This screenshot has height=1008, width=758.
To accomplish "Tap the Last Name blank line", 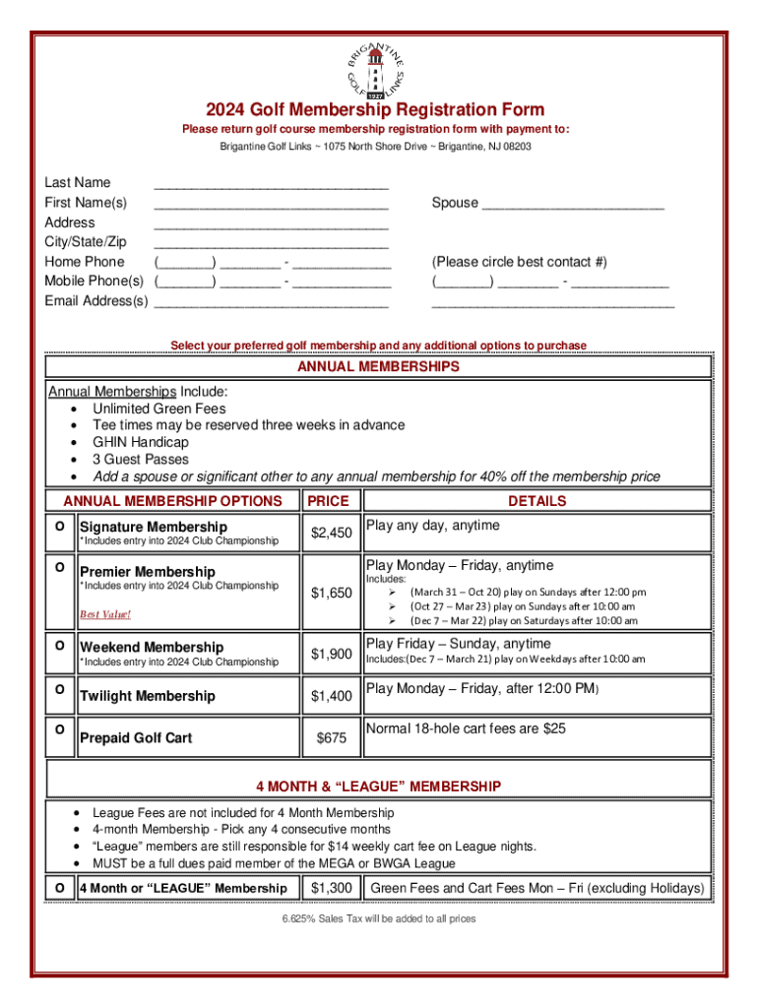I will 271,184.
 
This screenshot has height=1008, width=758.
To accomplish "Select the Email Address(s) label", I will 95,301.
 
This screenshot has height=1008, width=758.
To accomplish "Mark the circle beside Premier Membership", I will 60,568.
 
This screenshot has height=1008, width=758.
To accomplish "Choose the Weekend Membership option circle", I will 60,645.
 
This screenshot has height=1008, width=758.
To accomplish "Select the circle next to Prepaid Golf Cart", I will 60,729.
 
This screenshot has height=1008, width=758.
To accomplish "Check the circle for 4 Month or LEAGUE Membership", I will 60,888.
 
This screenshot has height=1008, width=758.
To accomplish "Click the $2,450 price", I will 331,534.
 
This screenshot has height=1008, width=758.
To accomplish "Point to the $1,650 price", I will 331,593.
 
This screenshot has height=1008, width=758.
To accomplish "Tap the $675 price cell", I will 331,738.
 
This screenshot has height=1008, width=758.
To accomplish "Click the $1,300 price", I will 331,889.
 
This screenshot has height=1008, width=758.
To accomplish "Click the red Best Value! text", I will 104,615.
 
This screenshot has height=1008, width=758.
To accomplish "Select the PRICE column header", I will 328,501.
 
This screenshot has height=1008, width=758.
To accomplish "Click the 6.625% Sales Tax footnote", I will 379,919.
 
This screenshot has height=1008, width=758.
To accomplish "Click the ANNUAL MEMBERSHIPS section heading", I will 379,367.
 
